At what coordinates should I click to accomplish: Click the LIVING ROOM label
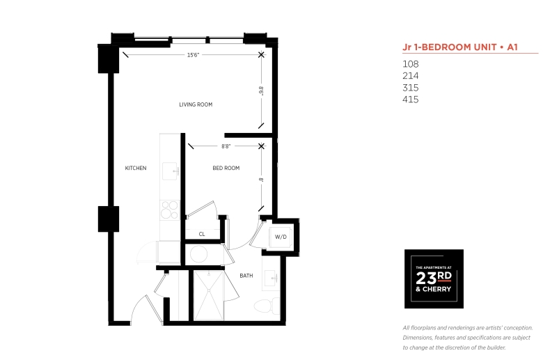pyautogui.click(x=196, y=104)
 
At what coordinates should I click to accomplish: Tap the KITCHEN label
pyautogui.click(x=136, y=168)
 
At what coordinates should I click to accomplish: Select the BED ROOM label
pyautogui.click(x=226, y=168)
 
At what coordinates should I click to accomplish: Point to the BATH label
pyautogui.click(x=246, y=276)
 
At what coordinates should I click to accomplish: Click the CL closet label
pyautogui.click(x=202, y=234)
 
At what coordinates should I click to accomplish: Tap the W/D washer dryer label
pyautogui.click(x=281, y=237)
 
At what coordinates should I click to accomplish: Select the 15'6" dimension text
pyautogui.click(x=194, y=55)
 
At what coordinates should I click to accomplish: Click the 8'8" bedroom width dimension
pyautogui.click(x=226, y=146)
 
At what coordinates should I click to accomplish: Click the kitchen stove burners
pyautogui.click(x=170, y=210)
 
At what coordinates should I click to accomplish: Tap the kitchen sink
pyautogui.click(x=171, y=171)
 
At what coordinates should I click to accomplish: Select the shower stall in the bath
pyautogui.click(x=209, y=295)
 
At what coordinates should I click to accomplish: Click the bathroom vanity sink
pyautogui.click(x=271, y=278)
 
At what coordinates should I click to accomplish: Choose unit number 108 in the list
pyautogui.click(x=411, y=64)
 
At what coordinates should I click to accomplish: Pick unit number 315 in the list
pyautogui.click(x=411, y=88)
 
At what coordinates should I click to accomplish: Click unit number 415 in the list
pyautogui.click(x=411, y=100)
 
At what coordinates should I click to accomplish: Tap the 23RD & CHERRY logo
pyautogui.click(x=434, y=279)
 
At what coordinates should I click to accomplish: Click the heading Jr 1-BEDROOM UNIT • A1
pyautogui.click(x=460, y=47)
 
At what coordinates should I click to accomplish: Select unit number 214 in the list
pyautogui.click(x=411, y=76)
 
